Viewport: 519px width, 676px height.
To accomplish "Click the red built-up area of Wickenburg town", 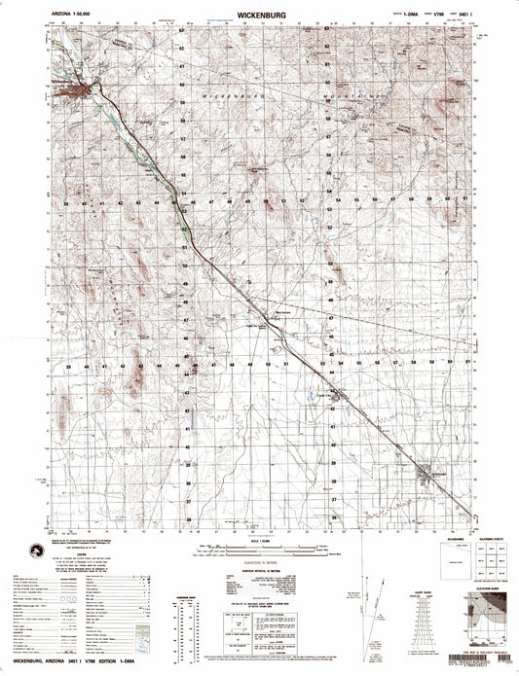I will (75, 92).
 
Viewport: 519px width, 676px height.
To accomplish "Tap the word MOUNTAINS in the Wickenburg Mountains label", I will (352, 98).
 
